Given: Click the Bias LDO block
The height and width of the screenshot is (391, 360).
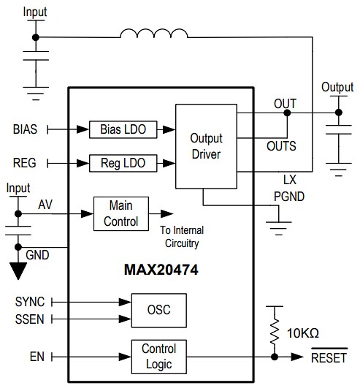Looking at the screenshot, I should [123, 129].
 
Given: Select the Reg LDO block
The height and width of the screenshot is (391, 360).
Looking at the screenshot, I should [122, 162].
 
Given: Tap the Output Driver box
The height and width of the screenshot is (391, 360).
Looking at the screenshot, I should [206, 146].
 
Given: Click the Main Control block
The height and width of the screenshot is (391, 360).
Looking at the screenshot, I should [120, 213].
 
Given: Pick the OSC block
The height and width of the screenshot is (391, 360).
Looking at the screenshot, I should [158, 310].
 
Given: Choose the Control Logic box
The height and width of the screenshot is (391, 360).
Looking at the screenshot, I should [158, 357].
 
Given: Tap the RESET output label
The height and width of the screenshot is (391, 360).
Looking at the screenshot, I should [328, 357].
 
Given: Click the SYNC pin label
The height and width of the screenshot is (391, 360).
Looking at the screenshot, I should [29, 301].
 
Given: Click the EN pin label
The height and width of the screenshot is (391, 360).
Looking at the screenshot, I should [37, 357].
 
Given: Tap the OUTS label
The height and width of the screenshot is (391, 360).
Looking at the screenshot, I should [281, 146].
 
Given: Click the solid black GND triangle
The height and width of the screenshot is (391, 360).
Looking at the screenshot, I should [18, 270].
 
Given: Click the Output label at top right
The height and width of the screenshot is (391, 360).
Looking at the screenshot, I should [337, 87].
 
